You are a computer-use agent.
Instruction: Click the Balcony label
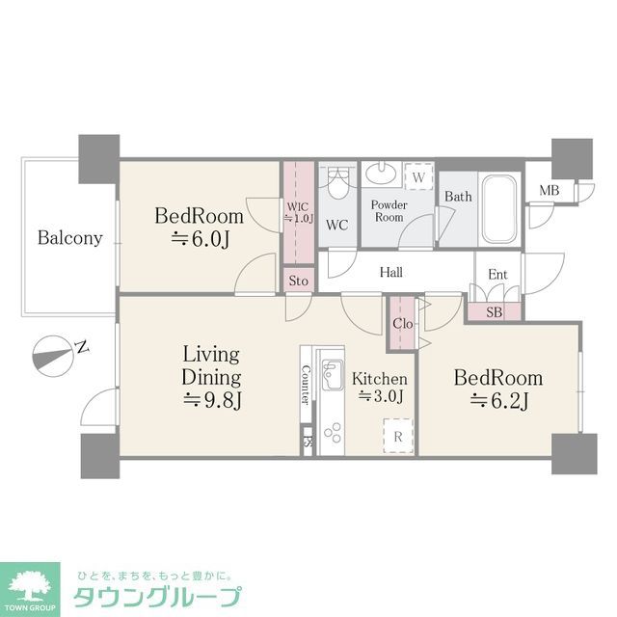click(70, 238)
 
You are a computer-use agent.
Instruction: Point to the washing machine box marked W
click(418, 178)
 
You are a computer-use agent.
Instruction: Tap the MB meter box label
click(549, 190)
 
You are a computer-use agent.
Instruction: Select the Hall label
click(390, 273)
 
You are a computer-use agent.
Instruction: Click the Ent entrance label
click(497, 275)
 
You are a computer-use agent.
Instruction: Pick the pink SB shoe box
click(495, 311)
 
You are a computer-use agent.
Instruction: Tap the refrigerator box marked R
click(398, 436)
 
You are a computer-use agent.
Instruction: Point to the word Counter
click(306, 384)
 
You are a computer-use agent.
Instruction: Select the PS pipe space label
click(308, 443)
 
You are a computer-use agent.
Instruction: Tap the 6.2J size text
click(498, 401)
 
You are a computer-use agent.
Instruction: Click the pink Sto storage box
click(299, 281)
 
